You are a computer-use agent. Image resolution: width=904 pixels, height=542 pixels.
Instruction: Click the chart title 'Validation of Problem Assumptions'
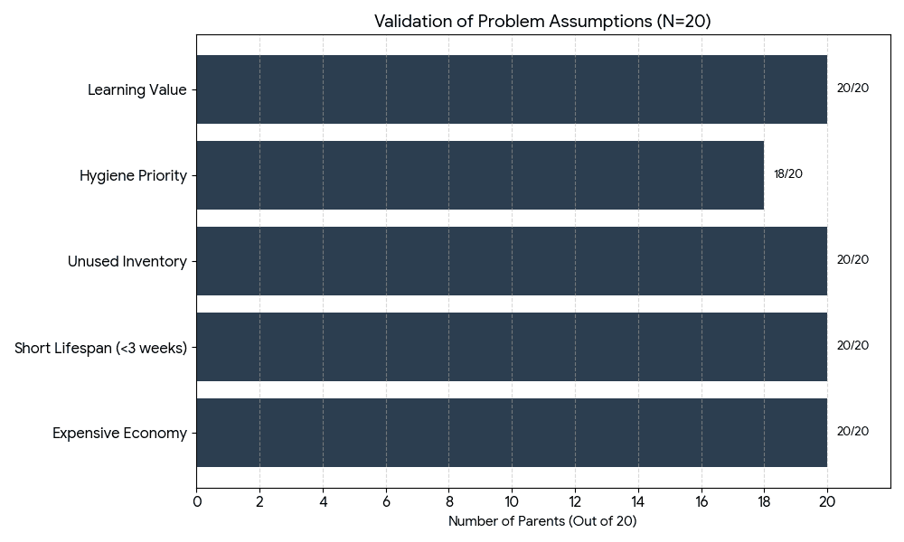pyautogui.click(x=542, y=22)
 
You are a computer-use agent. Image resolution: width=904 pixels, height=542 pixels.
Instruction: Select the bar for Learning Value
pyautogui.click(x=512, y=89)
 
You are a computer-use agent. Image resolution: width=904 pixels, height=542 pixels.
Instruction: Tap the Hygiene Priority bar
pyautogui.click(x=480, y=175)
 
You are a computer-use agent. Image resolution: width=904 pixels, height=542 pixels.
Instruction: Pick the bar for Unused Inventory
pyautogui.click(x=512, y=261)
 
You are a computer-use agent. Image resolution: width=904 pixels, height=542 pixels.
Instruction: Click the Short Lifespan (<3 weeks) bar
pyautogui.click(x=512, y=347)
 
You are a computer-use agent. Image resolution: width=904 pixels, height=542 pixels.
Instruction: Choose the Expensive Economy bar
pyautogui.click(x=512, y=433)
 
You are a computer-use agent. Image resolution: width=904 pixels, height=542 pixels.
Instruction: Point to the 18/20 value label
pyautogui.click(x=787, y=174)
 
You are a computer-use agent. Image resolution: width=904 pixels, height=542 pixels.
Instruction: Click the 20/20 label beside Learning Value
pyautogui.click(x=852, y=89)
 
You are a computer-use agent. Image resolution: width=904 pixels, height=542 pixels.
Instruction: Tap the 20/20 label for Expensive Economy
pyautogui.click(x=852, y=432)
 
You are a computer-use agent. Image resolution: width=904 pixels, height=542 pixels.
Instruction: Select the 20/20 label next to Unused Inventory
pyautogui.click(x=852, y=260)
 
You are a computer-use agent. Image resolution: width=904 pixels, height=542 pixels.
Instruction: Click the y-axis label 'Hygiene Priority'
pyautogui.click(x=133, y=176)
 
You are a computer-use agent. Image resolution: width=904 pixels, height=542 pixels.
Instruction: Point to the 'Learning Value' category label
pyautogui.click(x=137, y=90)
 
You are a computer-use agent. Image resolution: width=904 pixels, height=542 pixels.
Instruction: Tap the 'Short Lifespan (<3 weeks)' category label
pyautogui.click(x=100, y=348)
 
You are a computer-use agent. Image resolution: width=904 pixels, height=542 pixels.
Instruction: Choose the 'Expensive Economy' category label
pyautogui.click(x=119, y=434)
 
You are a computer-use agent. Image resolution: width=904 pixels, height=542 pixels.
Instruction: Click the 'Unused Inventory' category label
pyautogui.click(x=127, y=262)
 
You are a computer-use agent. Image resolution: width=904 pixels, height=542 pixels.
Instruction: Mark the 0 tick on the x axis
pyautogui.click(x=197, y=501)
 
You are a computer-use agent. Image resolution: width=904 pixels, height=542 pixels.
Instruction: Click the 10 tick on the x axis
pyautogui.click(x=512, y=501)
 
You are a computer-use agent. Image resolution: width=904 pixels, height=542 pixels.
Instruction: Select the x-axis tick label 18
pyautogui.click(x=764, y=501)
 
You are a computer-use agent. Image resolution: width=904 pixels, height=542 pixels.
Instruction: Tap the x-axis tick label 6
pyautogui.click(x=386, y=501)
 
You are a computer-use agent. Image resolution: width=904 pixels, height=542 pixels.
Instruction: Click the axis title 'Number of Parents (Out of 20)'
pyautogui.click(x=542, y=522)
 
